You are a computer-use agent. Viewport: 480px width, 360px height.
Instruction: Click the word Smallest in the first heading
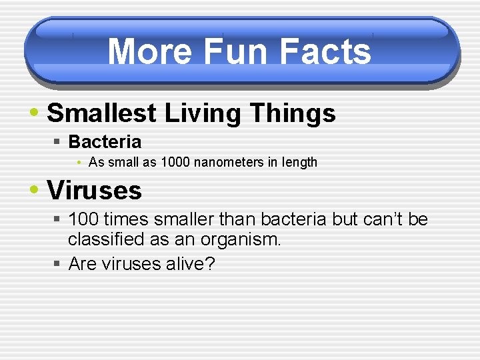[100, 113]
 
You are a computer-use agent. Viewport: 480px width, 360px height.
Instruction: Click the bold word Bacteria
[105, 142]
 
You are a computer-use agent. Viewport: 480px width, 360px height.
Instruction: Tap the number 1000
[176, 162]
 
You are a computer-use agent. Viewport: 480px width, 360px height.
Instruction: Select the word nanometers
[226, 162]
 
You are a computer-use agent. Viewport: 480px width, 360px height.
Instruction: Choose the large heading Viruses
[94, 191]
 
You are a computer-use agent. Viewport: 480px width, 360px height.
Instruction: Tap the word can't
[383, 219]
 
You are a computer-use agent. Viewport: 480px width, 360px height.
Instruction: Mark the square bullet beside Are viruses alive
[58, 265]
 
